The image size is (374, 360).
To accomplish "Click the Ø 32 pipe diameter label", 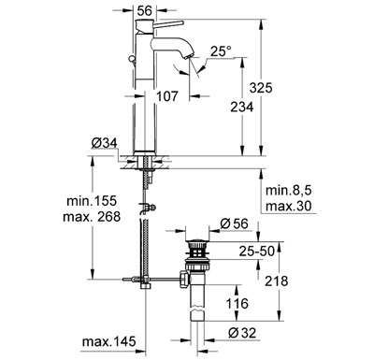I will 244,332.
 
